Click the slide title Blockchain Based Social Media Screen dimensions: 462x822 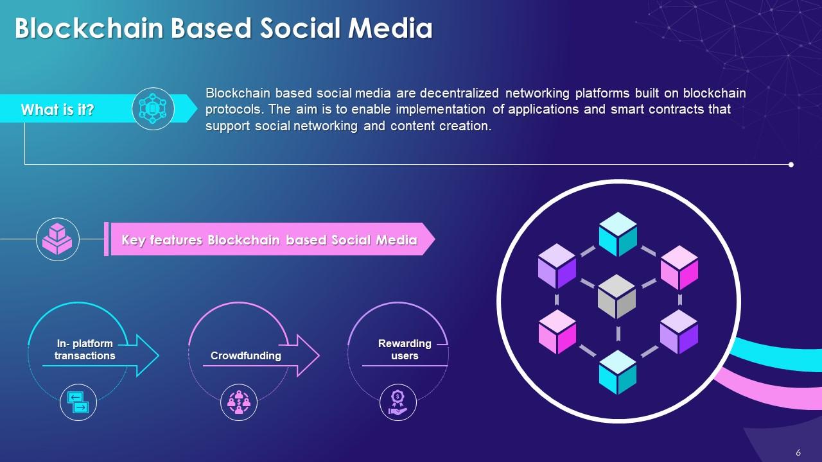(223, 28)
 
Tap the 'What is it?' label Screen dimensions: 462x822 (58, 110)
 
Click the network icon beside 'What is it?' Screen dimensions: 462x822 (153, 109)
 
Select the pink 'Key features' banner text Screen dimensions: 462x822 (269, 240)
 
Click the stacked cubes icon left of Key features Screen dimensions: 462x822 (58, 239)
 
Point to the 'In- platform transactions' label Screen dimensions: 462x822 (85, 350)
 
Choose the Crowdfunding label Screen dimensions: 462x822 (246, 355)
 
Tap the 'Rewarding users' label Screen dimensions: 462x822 (405, 350)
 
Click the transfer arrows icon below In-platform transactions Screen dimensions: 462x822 (78, 403)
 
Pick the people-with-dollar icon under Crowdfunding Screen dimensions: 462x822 (238, 403)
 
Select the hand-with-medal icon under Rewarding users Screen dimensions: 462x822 (398, 403)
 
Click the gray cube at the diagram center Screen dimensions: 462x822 (616, 296)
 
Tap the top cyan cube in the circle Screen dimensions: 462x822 (618, 234)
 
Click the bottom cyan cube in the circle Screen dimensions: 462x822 (618, 372)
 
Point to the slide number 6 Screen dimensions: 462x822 (798, 452)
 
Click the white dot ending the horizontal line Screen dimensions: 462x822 (791, 165)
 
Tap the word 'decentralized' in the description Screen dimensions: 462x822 (459, 93)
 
